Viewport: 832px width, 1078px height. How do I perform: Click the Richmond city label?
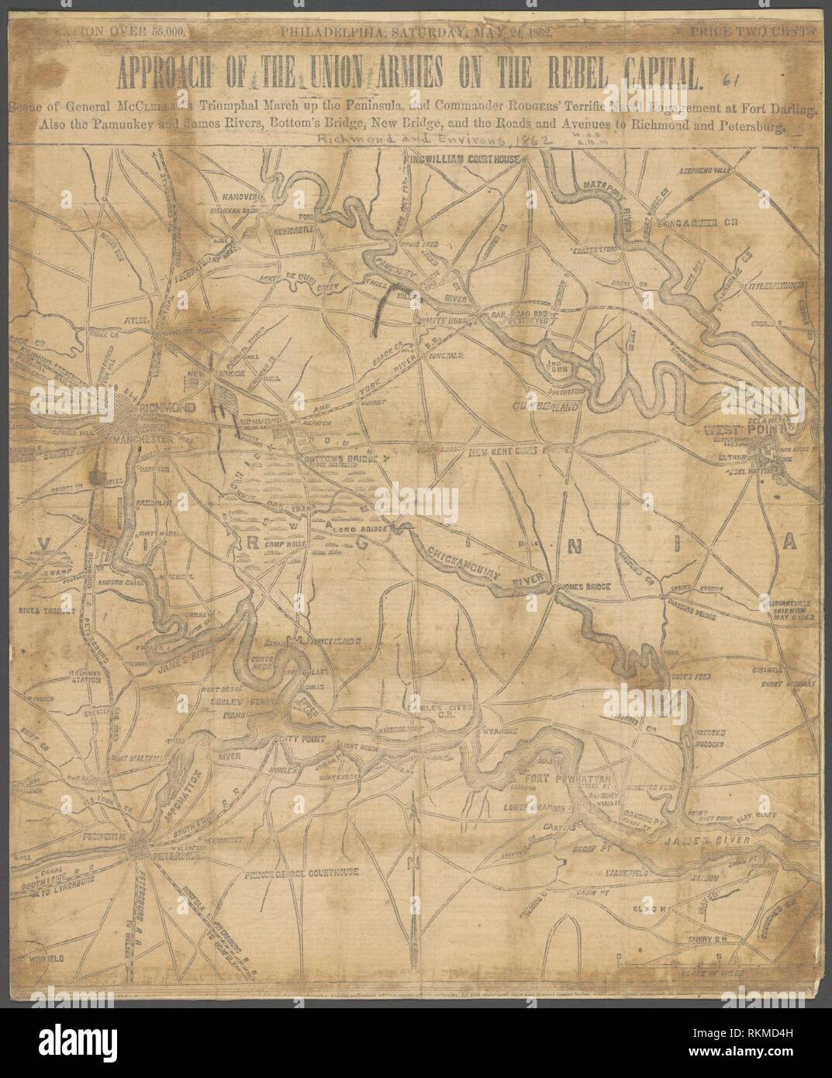(x=162, y=408)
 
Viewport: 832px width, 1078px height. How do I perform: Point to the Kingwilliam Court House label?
(x=464, y=158)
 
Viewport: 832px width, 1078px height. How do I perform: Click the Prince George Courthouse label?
(x=300, y=872)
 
